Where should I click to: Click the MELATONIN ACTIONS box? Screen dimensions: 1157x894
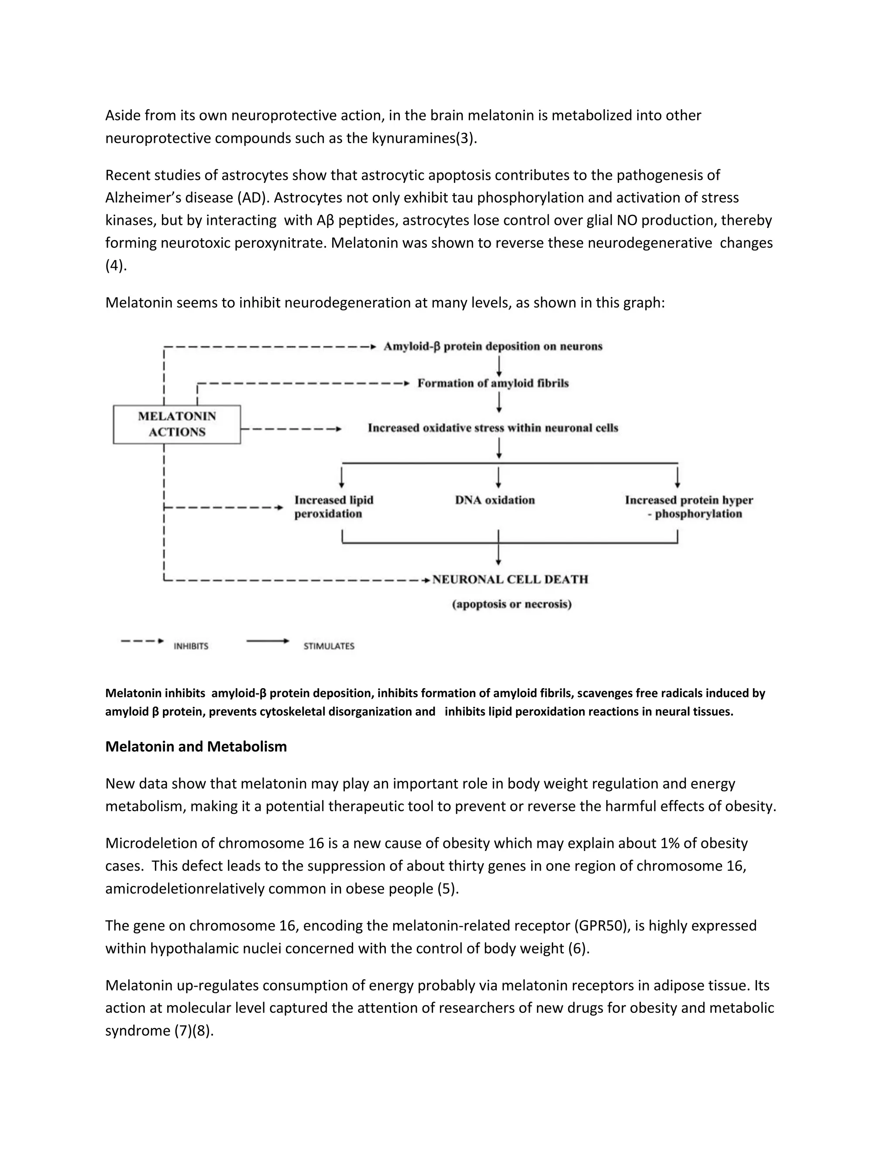[177, 424]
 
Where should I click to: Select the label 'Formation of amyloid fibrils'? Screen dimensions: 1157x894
[492, 383]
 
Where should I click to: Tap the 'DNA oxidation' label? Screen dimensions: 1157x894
[495, 500]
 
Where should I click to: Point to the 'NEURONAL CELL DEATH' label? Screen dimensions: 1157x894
[510, 579]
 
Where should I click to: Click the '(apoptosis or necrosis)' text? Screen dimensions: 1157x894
[512, 604]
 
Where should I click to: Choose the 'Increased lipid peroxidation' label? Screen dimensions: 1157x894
[334, 507]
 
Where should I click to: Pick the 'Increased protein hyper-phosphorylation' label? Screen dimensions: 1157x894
[688, 507]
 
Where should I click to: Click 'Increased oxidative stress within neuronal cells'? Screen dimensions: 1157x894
[492, 428]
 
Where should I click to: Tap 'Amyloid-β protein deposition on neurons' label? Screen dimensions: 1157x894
[492, 347]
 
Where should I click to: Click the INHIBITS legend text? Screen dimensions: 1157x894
[191, 646]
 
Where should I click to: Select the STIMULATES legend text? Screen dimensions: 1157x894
[329, 646]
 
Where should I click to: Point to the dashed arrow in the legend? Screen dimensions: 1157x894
[142, 641]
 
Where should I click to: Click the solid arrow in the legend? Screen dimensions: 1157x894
[268, 641]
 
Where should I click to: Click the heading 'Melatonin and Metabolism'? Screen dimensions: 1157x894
[196, 747]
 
